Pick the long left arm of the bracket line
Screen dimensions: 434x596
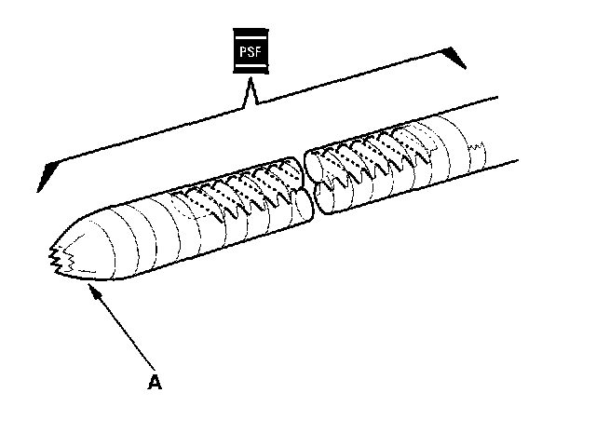pos(140,140)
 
